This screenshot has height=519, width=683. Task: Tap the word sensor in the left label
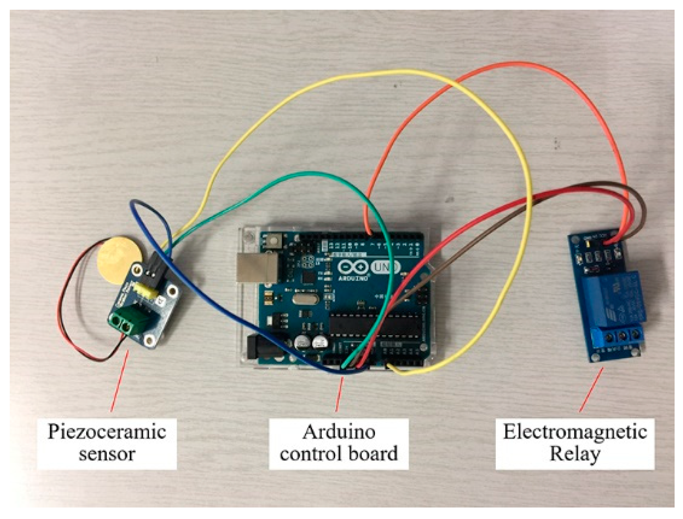[x=107, y=454]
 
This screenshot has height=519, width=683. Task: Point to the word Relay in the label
[x=575, y=454]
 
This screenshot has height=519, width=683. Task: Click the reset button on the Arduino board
[x=274, y=241]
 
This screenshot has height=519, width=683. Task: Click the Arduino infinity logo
[x=353, y=267]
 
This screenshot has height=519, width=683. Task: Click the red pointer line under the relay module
[x=591, y=389]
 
